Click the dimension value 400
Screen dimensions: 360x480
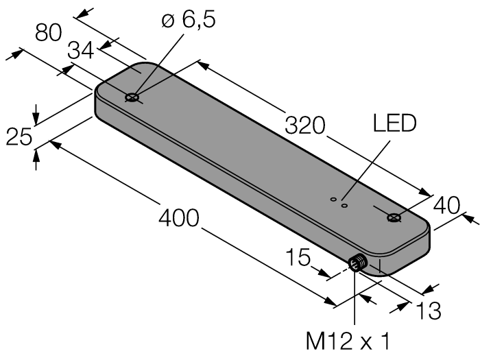point(178,219)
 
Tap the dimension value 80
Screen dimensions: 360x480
point(49,34)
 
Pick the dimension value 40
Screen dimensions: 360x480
point(448,204)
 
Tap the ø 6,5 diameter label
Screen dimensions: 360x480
point(189,20)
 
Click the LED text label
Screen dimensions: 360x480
point(394,124)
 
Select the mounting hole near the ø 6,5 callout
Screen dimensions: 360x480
point(132,98)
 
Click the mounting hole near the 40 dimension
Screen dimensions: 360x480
point(394,218)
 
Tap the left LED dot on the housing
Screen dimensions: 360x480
point(333,200)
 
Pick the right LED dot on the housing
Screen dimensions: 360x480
point(345,204)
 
